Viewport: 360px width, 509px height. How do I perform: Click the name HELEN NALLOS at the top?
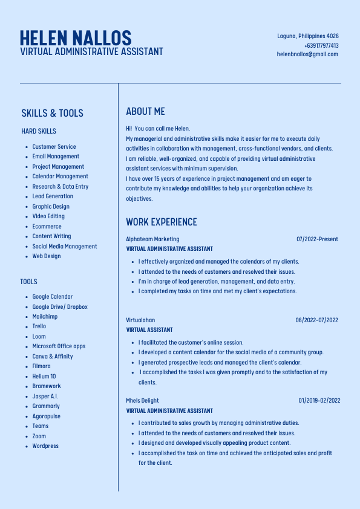click(x=75, y=37)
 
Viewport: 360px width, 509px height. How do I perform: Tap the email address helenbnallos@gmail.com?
click(x=307, y=54)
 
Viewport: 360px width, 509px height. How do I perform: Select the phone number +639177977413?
click(x=321, y=45)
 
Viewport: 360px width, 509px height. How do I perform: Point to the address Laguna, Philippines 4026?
click(x=308, y=36)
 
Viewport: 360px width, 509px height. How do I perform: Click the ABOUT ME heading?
click(x=145, y=111)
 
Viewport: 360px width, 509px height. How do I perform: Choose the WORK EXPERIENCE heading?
click(x=162, y=222)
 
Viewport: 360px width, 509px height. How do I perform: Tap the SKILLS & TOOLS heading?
click(x=52, y=113)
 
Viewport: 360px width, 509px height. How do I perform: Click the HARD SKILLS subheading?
click(x=39, y=131)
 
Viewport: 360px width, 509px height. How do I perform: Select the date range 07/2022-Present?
click(x=317, y=239)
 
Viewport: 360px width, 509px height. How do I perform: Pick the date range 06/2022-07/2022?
click(x=316, y=320)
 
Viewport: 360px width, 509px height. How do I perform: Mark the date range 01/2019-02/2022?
click(x=319, y=401)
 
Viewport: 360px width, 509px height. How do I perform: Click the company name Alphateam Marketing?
click(x=152, y=239)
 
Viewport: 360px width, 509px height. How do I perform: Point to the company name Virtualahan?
click(x=140, y=320)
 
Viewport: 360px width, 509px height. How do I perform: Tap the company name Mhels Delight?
click(x=142, y=401)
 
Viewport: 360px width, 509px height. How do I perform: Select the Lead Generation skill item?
click(x=53, y=196)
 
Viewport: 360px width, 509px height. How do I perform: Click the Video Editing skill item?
click(x=48, y=216)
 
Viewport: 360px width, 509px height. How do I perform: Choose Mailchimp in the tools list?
click(x=45, y=317)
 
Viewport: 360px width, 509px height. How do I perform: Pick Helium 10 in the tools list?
click(x=44, y=376)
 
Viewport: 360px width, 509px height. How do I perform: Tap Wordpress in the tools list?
click(x=45, y=446)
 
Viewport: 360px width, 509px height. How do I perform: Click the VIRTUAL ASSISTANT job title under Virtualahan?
click(x=149, y=330)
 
